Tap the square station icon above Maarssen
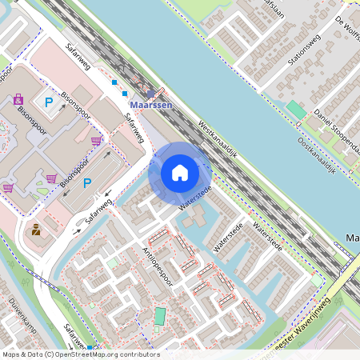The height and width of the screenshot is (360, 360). (150, 93)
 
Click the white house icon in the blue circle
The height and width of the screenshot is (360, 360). (180, 173)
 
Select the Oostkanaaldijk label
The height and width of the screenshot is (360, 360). (315, 156)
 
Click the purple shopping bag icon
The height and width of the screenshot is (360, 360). (18, 100)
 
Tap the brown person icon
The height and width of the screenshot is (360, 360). (36, 231)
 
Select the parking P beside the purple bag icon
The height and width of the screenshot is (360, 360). (49, 102)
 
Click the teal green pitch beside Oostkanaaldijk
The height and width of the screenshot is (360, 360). (295, 109)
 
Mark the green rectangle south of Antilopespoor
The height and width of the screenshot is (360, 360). (161, 316)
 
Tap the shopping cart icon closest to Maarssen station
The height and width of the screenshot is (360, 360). (97, 141)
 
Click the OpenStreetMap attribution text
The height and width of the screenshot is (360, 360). (80, 354)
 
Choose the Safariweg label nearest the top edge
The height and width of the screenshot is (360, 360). (79, 59)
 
